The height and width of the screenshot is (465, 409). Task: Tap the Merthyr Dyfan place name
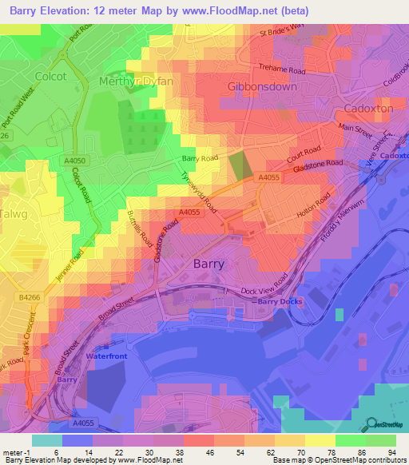132,81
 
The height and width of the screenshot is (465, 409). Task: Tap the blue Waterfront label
106,354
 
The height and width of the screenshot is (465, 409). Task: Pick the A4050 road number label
73,161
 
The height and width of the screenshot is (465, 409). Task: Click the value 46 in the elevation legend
197,452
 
